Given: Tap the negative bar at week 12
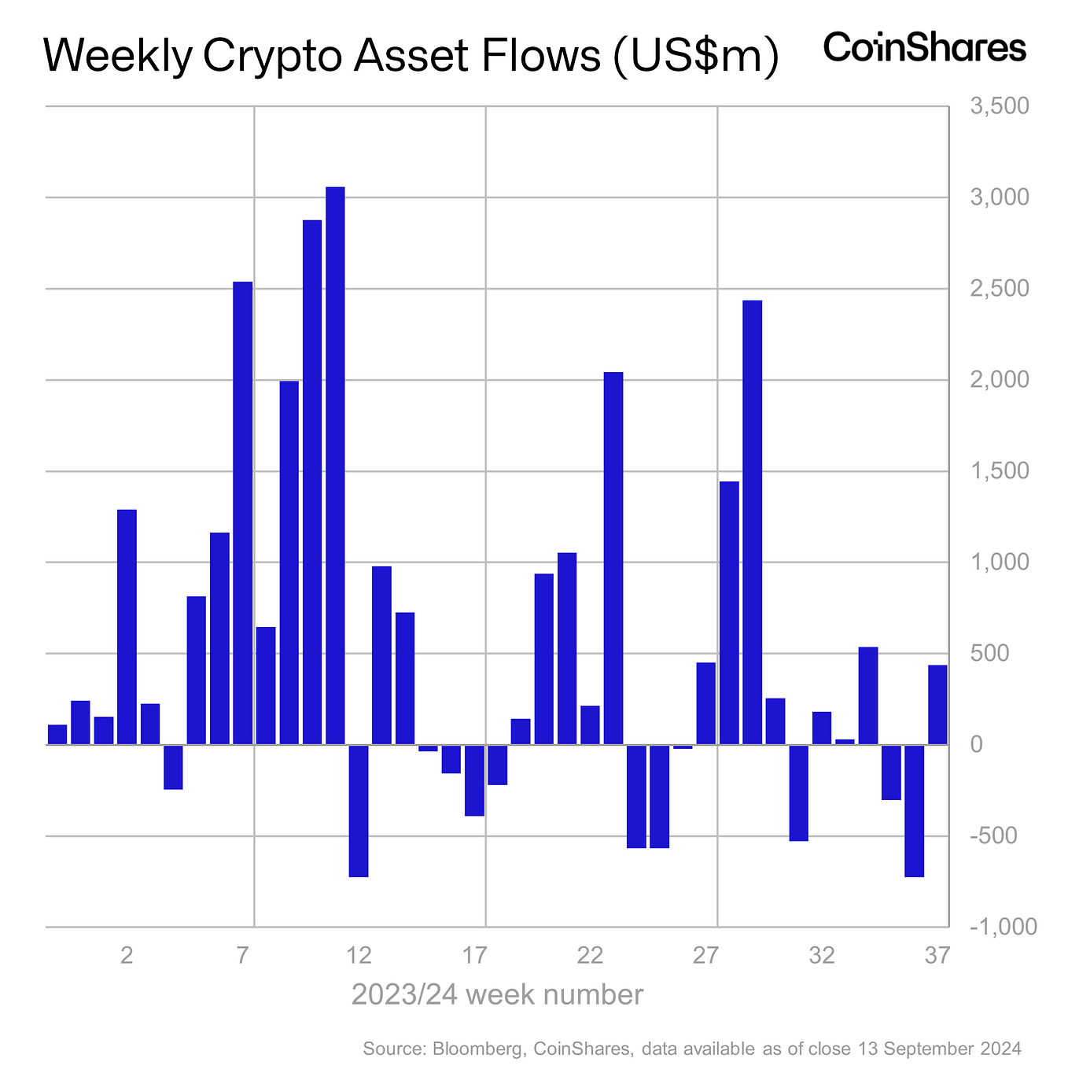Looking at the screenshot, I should pos(359,810).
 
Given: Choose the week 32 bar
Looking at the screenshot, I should pos(822,728).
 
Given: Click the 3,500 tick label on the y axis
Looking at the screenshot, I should pos(1000,106).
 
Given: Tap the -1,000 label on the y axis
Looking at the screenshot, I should pos(1003,927).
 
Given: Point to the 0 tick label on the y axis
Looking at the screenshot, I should pos(977,745).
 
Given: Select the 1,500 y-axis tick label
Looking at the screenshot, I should pos(1000,471).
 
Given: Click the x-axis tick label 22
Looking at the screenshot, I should pos(590,956).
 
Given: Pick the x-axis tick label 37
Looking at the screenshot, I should pos(937,956).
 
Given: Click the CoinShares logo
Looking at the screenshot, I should pos(924,48).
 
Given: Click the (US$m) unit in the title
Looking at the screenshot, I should pos(694,57).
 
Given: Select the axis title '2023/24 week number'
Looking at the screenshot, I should pos(497,995).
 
